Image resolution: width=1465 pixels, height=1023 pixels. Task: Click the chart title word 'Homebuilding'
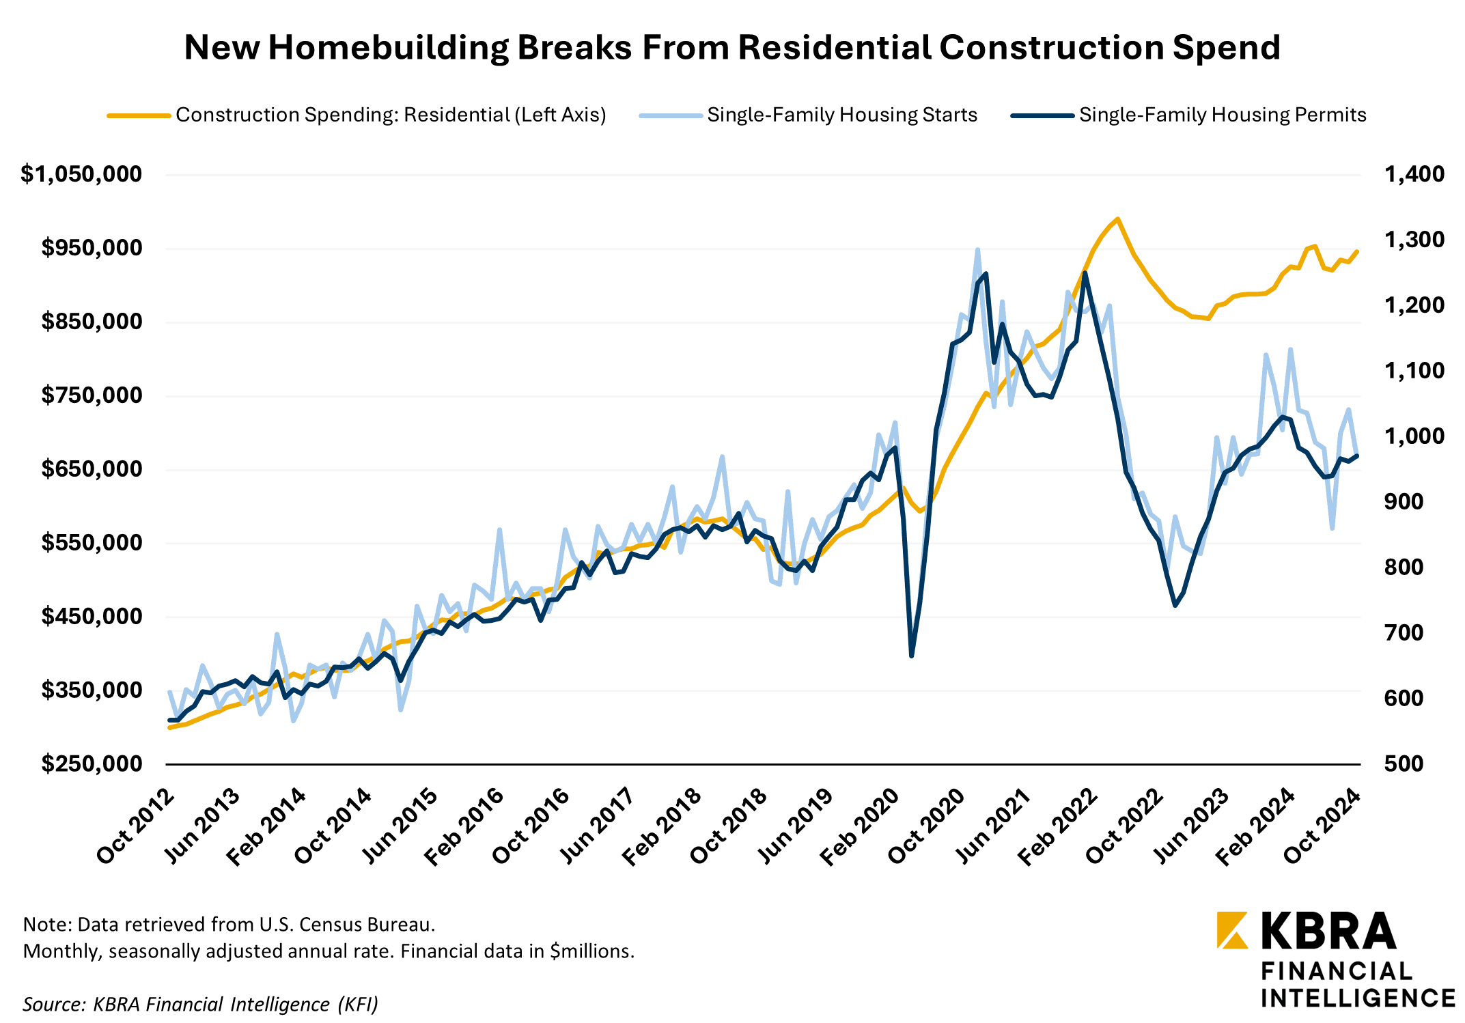click(388, 48)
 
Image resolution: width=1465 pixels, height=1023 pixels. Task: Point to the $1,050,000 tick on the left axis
click(81, 174)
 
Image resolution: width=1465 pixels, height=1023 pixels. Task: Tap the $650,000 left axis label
click(92, 468)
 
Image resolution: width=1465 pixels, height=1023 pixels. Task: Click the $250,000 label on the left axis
click(92, 763)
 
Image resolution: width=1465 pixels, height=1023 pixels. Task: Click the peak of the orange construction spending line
click(1117, 219)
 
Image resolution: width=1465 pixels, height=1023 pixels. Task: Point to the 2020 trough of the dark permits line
click(912, 656)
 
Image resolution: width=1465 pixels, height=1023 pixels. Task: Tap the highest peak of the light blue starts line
click(977, 250)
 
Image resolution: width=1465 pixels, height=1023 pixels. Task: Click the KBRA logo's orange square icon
click(1231, 930)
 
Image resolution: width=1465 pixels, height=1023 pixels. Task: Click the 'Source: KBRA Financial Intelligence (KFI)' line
click(200, 1004)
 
